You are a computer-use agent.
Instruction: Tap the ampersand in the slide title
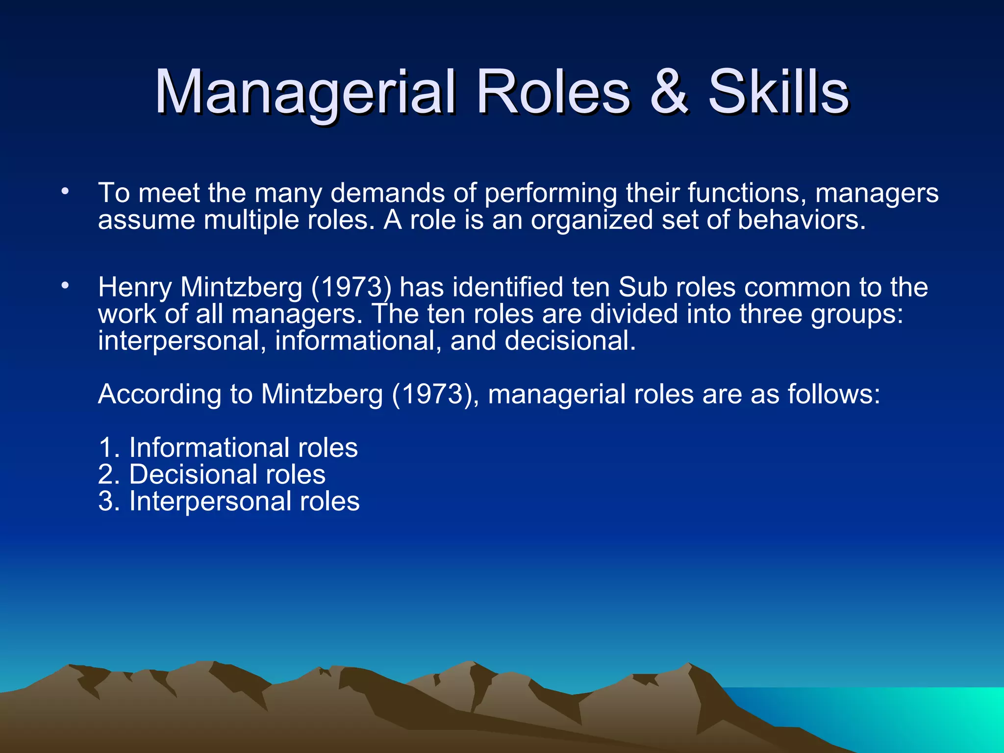click(669, 92)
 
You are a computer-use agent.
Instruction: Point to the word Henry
click(135, 287)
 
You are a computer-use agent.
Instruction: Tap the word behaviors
click(801, 220)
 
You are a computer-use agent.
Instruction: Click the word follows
click(833, 394)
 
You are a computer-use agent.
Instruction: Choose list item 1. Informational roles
click(228, 448)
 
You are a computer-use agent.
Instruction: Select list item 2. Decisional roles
click(212, 475)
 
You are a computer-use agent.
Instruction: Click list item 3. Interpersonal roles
click(229, 502)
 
